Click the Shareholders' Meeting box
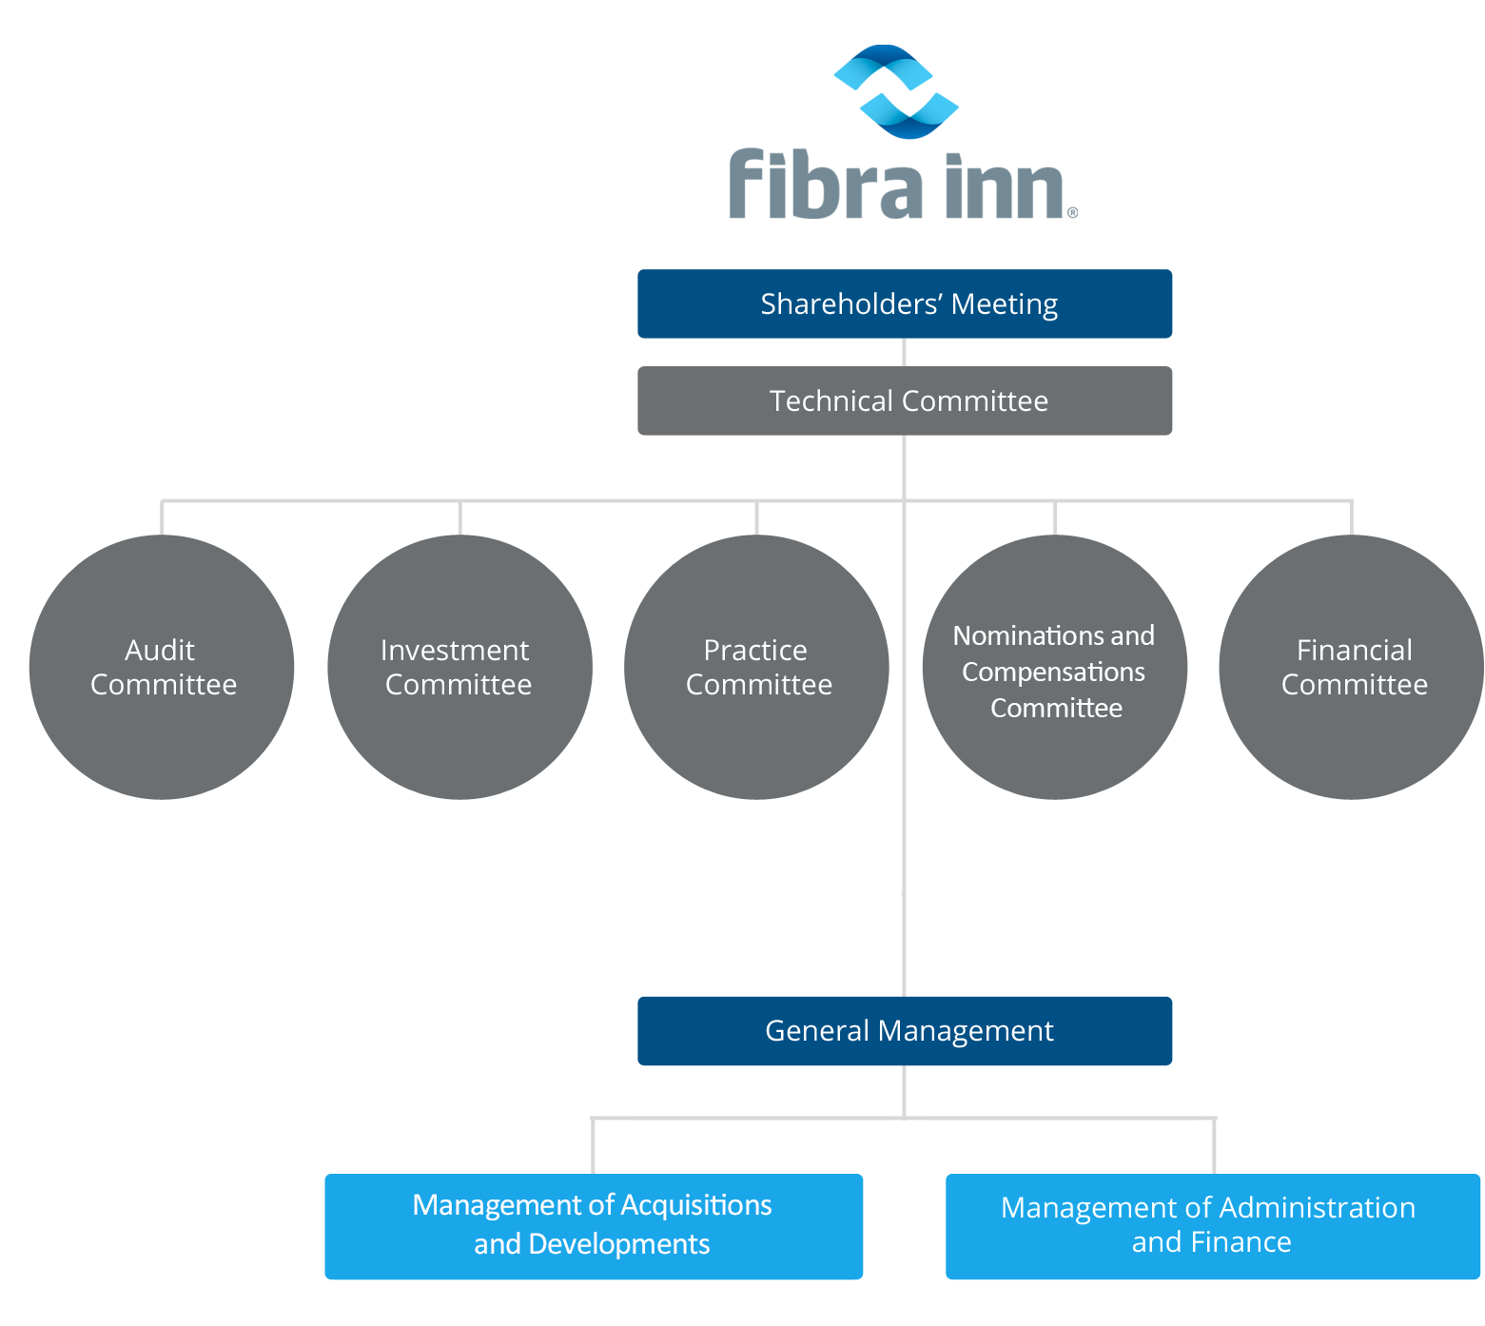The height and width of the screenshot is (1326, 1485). [x=905, y=303]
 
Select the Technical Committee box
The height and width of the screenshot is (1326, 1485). [x=905, y=401]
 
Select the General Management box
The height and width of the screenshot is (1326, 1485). [x=905, y=1031]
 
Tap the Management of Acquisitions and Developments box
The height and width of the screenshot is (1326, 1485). [x=594, y=1226]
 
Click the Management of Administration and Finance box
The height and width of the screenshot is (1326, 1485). [x=1212, y=1226]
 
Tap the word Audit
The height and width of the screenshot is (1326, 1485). [x=160, y=651]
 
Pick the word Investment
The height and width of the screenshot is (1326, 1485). [x=455, y=651]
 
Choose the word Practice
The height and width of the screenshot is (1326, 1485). [x=755, y=651]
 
